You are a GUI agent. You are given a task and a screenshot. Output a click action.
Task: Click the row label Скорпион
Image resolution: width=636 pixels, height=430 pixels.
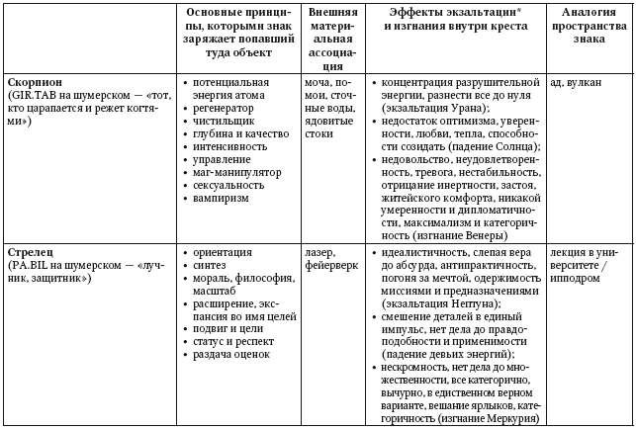35,81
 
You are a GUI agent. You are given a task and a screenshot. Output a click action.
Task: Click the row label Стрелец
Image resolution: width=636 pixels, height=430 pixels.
31,252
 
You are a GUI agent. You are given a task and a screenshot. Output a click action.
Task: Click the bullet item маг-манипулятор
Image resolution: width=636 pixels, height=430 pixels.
236,169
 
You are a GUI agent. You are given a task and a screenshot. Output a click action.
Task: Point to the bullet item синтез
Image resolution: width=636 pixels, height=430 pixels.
210,266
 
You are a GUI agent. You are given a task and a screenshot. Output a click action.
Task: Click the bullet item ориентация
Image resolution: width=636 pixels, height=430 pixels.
223,252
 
